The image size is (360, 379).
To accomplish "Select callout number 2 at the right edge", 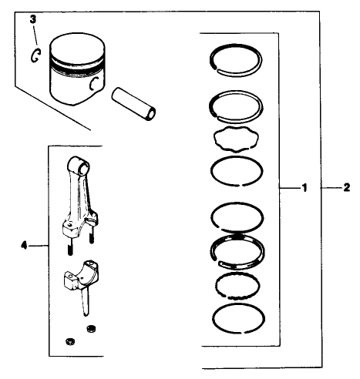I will point(346,187).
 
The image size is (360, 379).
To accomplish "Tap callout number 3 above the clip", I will point(32,18).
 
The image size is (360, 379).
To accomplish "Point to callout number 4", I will point(24,246).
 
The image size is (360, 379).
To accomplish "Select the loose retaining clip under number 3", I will point(34,55).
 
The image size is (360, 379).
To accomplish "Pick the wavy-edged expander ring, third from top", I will point(238,141).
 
